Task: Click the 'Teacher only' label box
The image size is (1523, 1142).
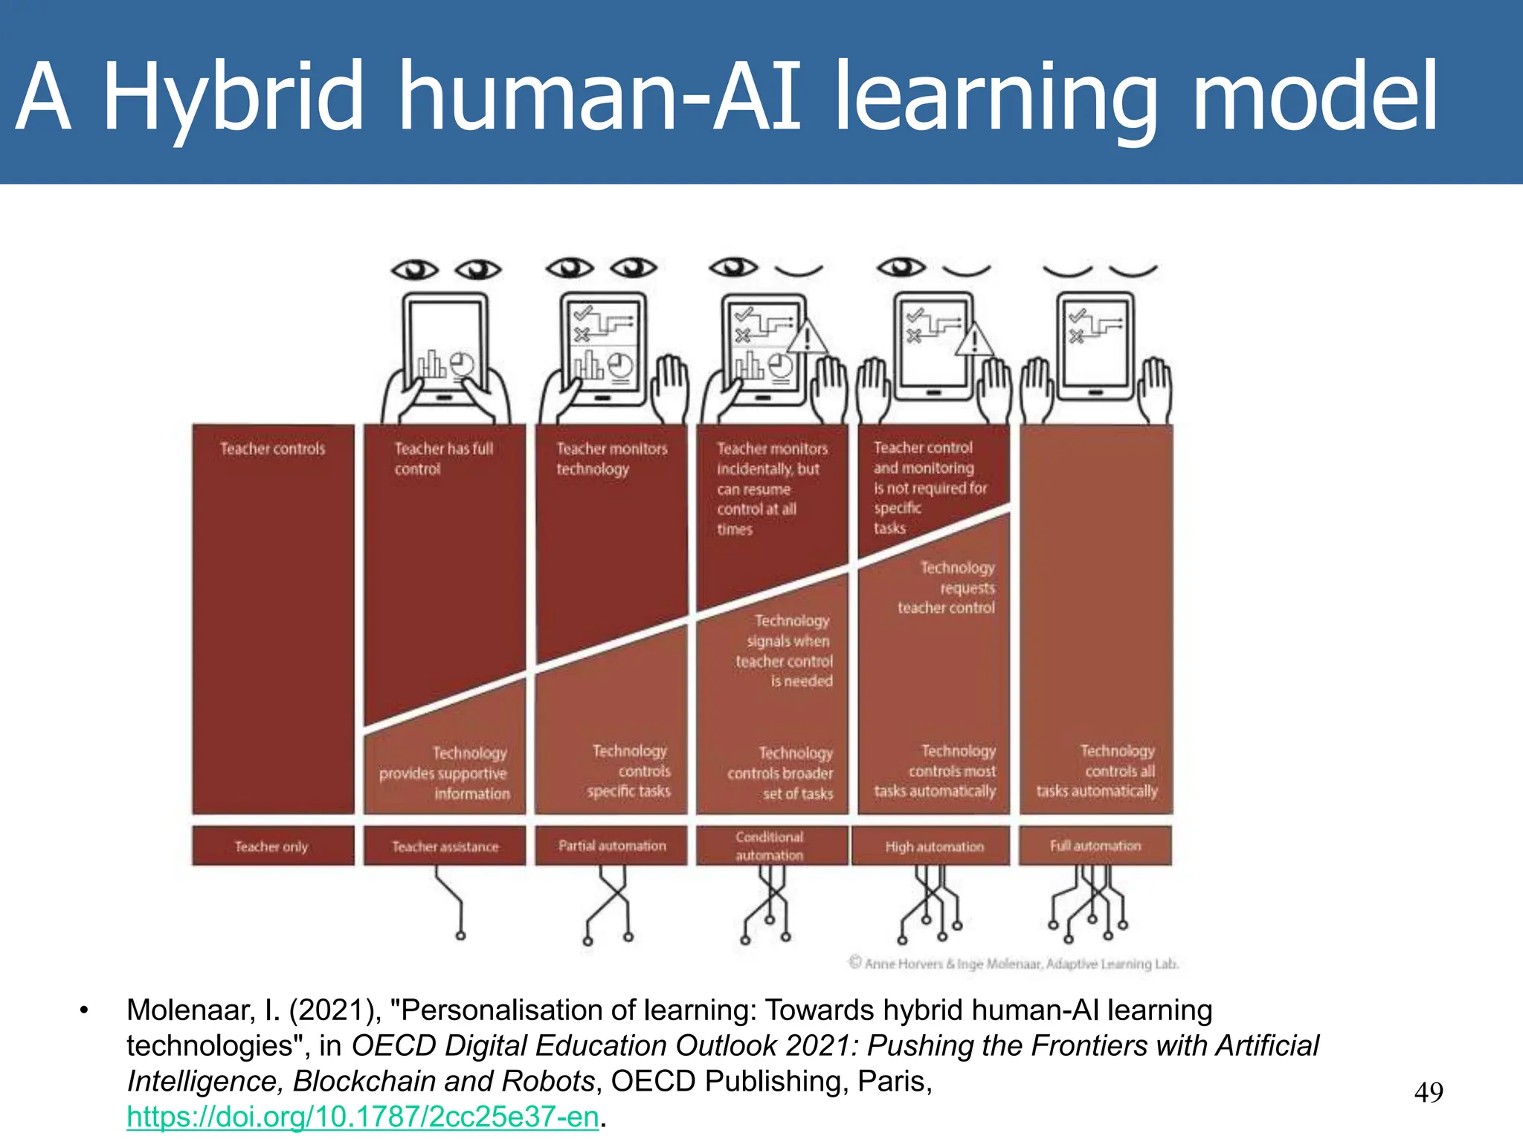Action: (x=272, y=846)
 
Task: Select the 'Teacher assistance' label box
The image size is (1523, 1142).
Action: (x=445, y=846)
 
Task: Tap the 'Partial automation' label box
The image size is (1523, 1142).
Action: (x=611, y=846)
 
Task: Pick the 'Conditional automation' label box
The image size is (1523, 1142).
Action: (x=770, y=846)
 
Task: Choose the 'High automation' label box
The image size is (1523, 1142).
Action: (x=934, y=846)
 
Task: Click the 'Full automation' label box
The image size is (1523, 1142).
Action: (x=1095, y=846)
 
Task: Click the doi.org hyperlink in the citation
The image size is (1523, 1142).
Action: (x=362, y=1117)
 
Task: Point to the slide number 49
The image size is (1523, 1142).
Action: (x=1429, y=1092)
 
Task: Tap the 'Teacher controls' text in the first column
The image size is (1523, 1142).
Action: (x=272, y=449)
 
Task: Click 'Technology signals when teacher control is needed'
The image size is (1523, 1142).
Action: (x=787, y=651)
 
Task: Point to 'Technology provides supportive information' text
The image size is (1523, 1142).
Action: (x=445, y=773)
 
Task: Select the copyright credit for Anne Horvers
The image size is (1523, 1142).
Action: (x=1014, y=964)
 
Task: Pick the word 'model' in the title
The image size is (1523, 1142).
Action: (x=1315, y=97)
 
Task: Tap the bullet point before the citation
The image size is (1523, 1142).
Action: (x=85, y=1010)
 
